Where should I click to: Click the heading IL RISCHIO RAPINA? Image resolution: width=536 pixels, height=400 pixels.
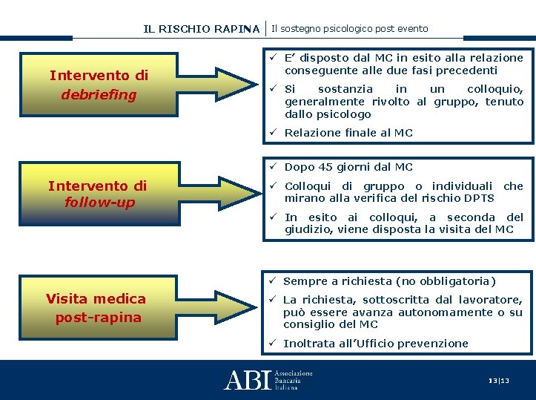tap(202, 30)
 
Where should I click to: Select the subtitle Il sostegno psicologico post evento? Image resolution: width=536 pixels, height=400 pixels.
tap(350, 29)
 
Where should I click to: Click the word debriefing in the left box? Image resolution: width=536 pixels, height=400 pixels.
tap(99, 95)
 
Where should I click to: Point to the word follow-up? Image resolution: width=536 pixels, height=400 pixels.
tap(99, 202)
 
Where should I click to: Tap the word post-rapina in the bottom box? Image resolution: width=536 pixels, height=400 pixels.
tap(98, 318)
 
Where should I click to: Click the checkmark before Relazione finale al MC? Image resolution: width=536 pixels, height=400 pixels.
tap(273, 133)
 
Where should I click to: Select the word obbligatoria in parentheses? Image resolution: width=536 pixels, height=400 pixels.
tap(457, 281)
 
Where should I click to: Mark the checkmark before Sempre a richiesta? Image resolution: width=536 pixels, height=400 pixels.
tap(273, 281)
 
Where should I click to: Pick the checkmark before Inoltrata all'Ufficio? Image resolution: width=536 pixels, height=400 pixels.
tap(273, 344)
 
